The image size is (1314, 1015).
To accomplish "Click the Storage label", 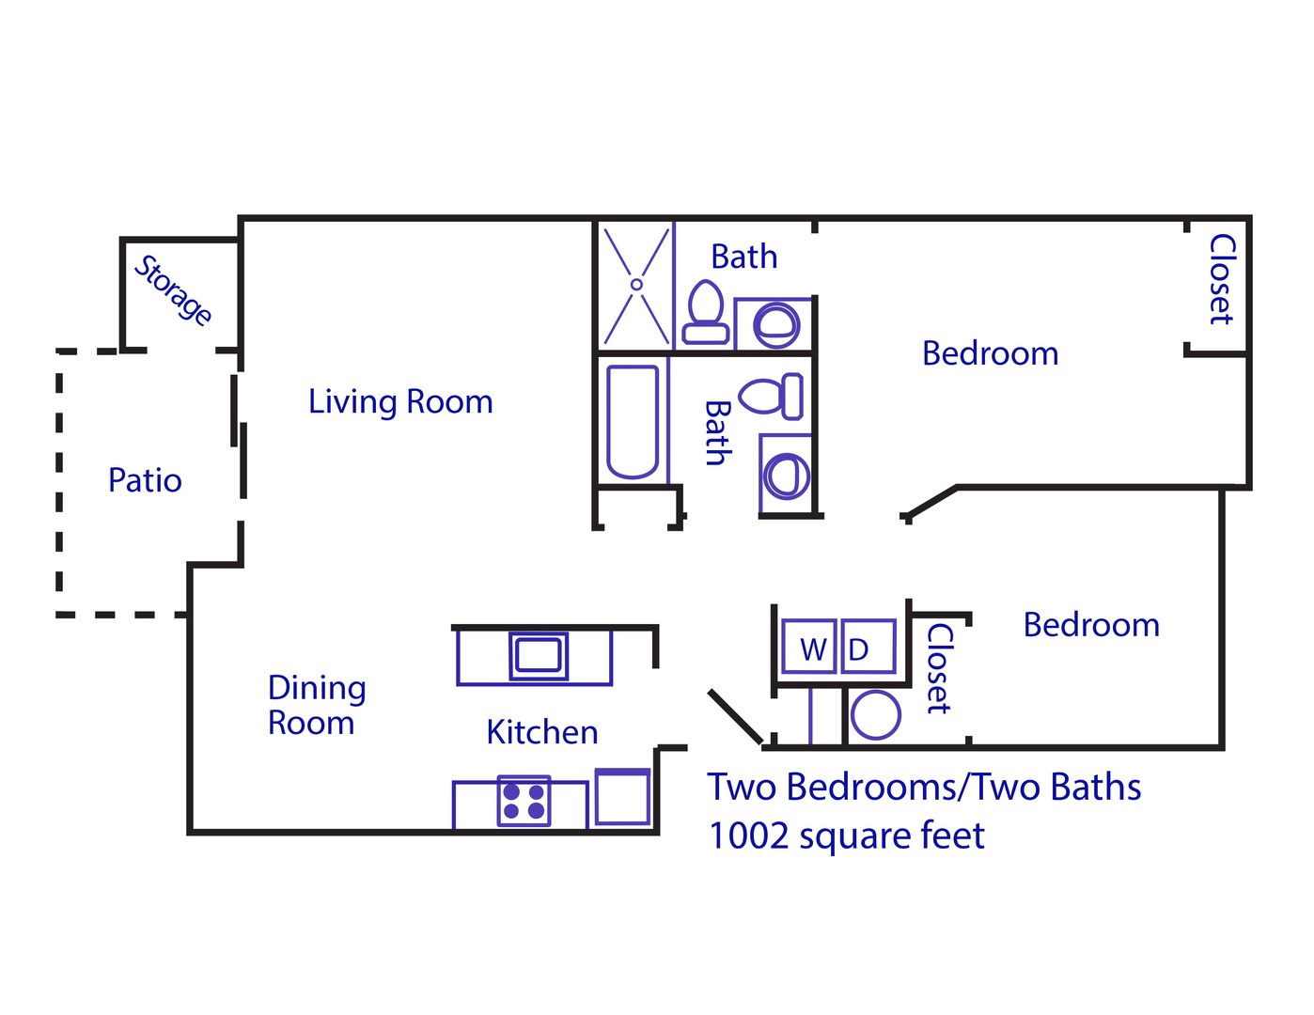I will [x=173, y=289].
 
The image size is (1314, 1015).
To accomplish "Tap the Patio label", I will [x=145, y=480].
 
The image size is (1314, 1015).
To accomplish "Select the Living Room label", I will [x=400, y=402].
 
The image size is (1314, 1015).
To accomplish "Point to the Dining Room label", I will [x=316, y=705].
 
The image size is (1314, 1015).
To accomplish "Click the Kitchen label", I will [x=541, y=732].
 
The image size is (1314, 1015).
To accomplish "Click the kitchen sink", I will [x=539, y=655].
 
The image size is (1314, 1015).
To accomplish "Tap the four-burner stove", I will [x=524, y=801].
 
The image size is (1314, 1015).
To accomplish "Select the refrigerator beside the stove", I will [x=622, y=797].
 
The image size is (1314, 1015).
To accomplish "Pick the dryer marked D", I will [x=867, y=648].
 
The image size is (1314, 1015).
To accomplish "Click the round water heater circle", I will [x=875, y=715].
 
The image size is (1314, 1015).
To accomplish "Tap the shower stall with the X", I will [x=636, y=285].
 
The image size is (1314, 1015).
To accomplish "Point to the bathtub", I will [x=632, y=421].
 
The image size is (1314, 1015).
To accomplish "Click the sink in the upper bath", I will [x=776, y=324].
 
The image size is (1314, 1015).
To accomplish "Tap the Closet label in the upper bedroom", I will [x=1220, y=279].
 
